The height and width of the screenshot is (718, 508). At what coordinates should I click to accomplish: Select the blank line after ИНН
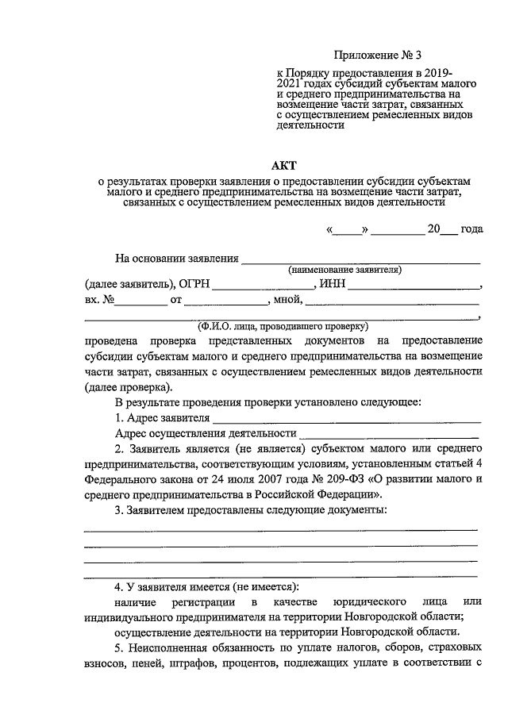coord(414,287)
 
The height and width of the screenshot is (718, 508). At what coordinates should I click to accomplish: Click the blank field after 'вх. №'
coord(140,302)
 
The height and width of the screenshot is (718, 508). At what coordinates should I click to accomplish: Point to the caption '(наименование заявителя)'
coord(344,270)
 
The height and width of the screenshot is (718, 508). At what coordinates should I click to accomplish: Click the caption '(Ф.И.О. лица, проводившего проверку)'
coord(282,325)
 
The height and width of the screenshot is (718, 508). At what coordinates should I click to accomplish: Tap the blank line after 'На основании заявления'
coord(361,260)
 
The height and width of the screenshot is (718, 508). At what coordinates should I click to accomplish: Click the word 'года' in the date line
coord(471,229)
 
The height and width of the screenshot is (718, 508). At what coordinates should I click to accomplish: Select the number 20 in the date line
coord(433,229)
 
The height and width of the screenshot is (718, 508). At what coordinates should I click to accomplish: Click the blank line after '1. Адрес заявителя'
coord(347,420)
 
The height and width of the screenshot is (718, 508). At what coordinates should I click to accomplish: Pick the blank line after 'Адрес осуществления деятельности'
coord(389,436)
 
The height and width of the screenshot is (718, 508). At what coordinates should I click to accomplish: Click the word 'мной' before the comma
coord(285,301)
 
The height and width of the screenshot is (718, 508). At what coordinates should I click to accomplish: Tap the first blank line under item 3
coord(281,528)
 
